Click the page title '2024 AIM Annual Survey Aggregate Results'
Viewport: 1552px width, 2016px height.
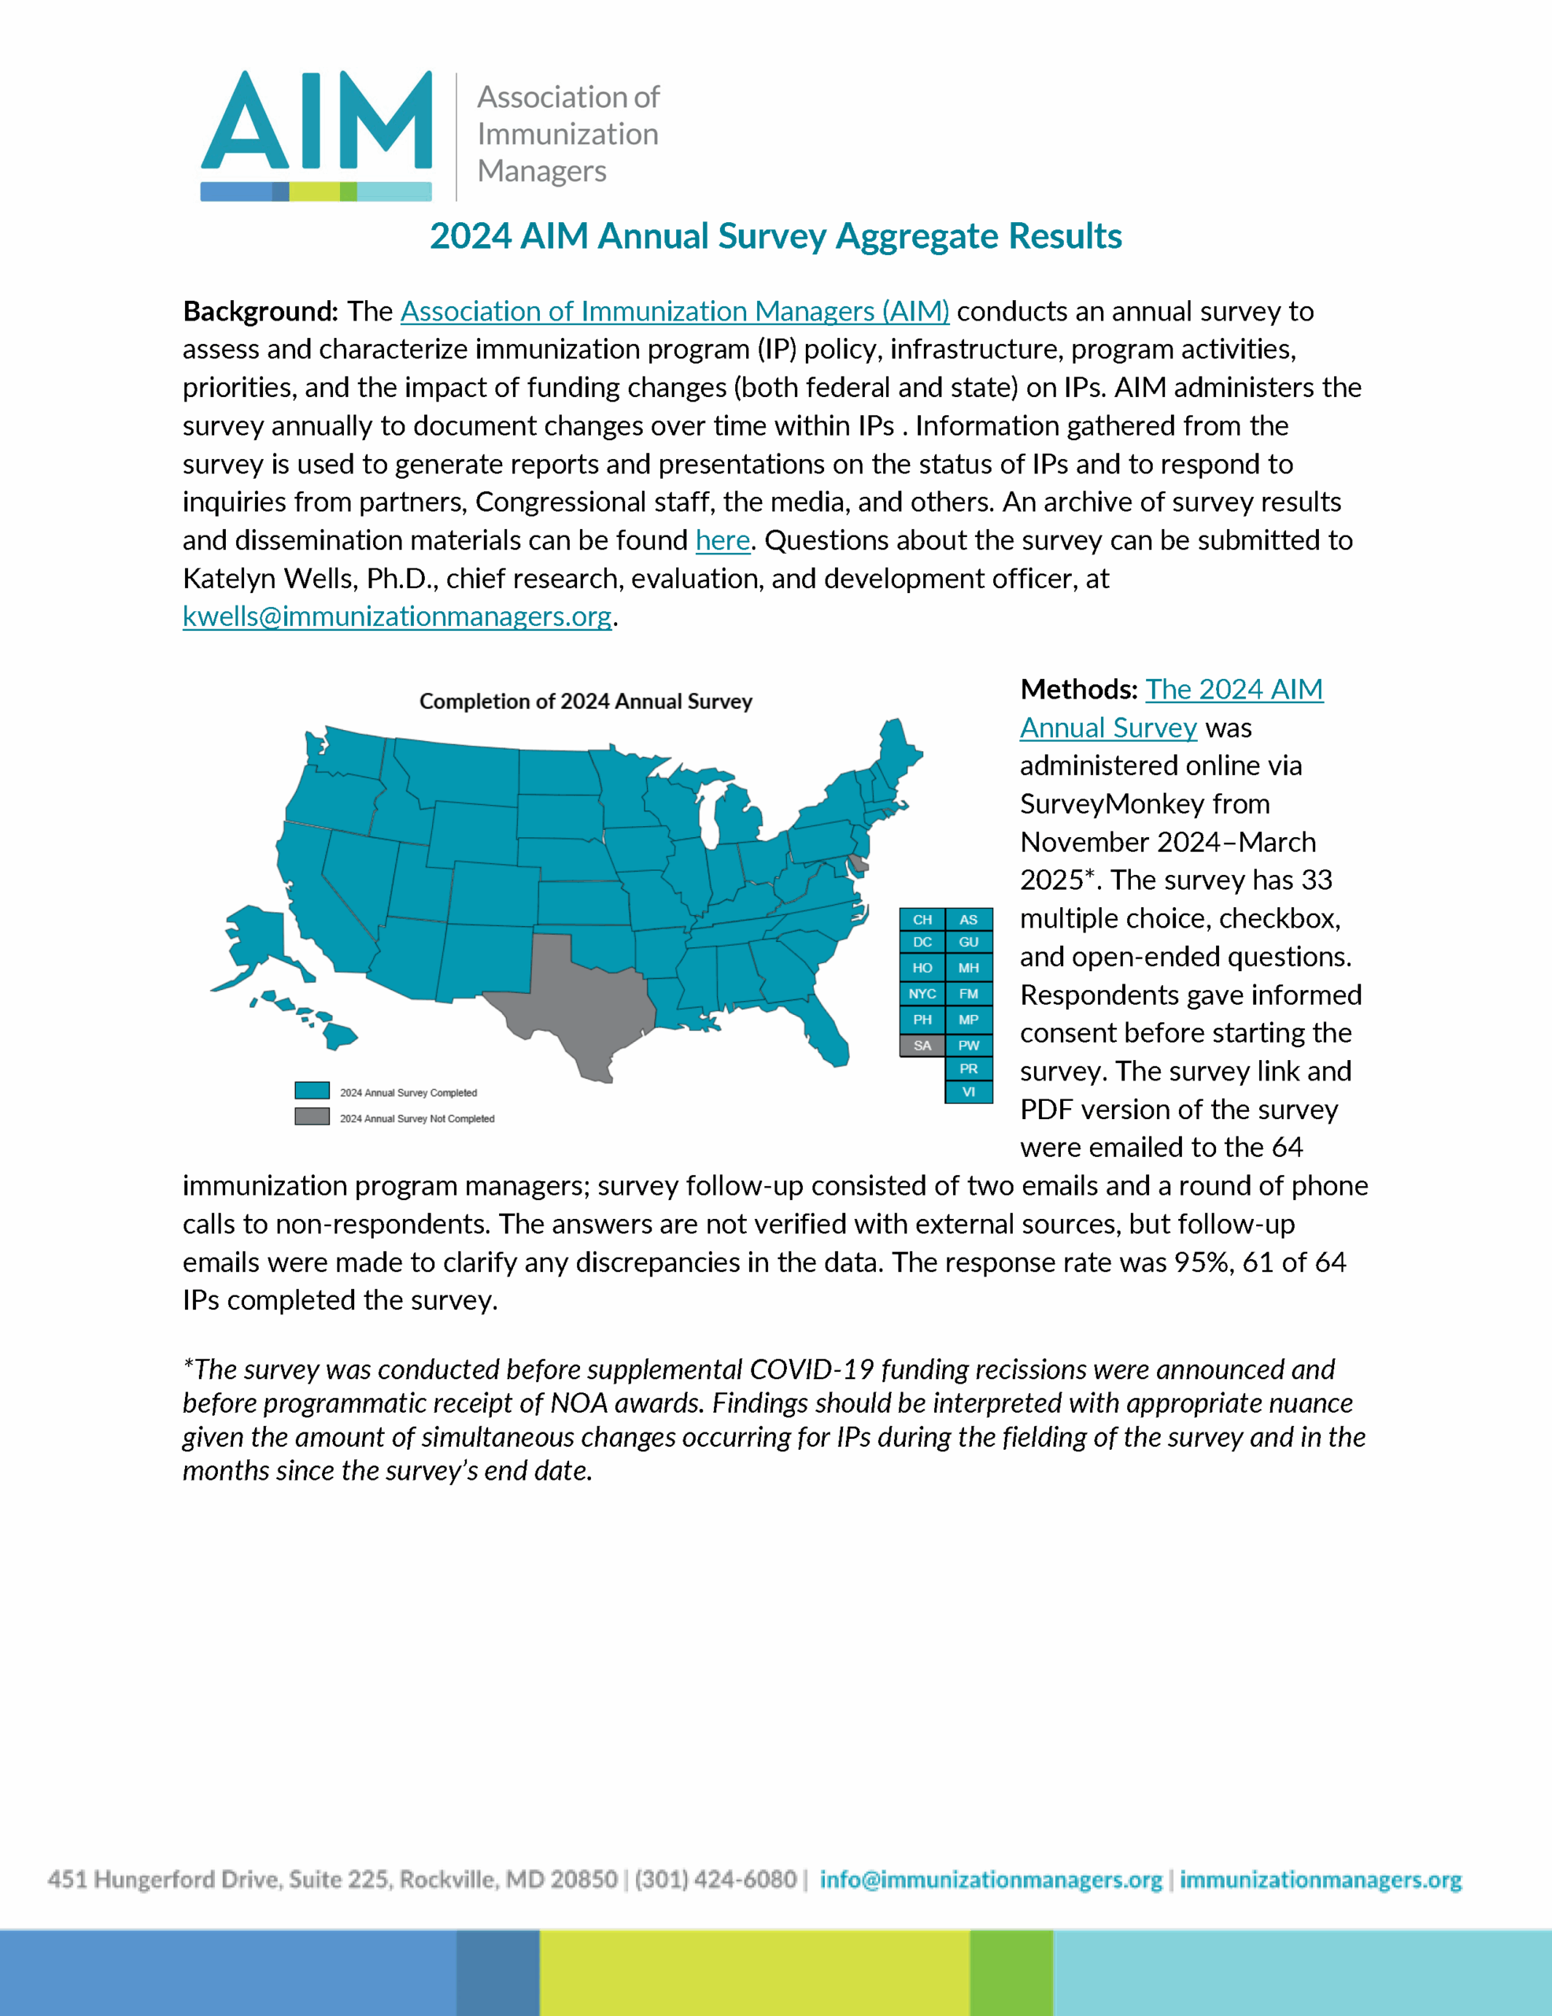click(775, 236)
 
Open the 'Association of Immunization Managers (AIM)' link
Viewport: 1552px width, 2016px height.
click(674, 312)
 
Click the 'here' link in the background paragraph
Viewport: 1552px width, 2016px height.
click(722, 540)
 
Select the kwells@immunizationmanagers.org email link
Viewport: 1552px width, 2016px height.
click(397, 617)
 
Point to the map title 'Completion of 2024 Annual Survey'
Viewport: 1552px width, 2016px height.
click(586, 702)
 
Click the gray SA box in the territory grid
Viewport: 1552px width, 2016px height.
click(922, 1046)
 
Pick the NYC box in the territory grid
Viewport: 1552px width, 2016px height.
click(922, 994)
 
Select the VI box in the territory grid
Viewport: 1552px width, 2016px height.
click(969, 1092)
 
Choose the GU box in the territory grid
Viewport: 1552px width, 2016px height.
click(969, 943)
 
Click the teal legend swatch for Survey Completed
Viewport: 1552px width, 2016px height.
click(312, 1090)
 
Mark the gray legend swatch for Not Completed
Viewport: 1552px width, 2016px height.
click(312, 1117)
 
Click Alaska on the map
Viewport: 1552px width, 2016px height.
click(258, 942)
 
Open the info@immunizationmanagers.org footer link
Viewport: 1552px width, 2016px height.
click(990, 1881)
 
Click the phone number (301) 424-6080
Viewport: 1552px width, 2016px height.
click(715, 1881)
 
